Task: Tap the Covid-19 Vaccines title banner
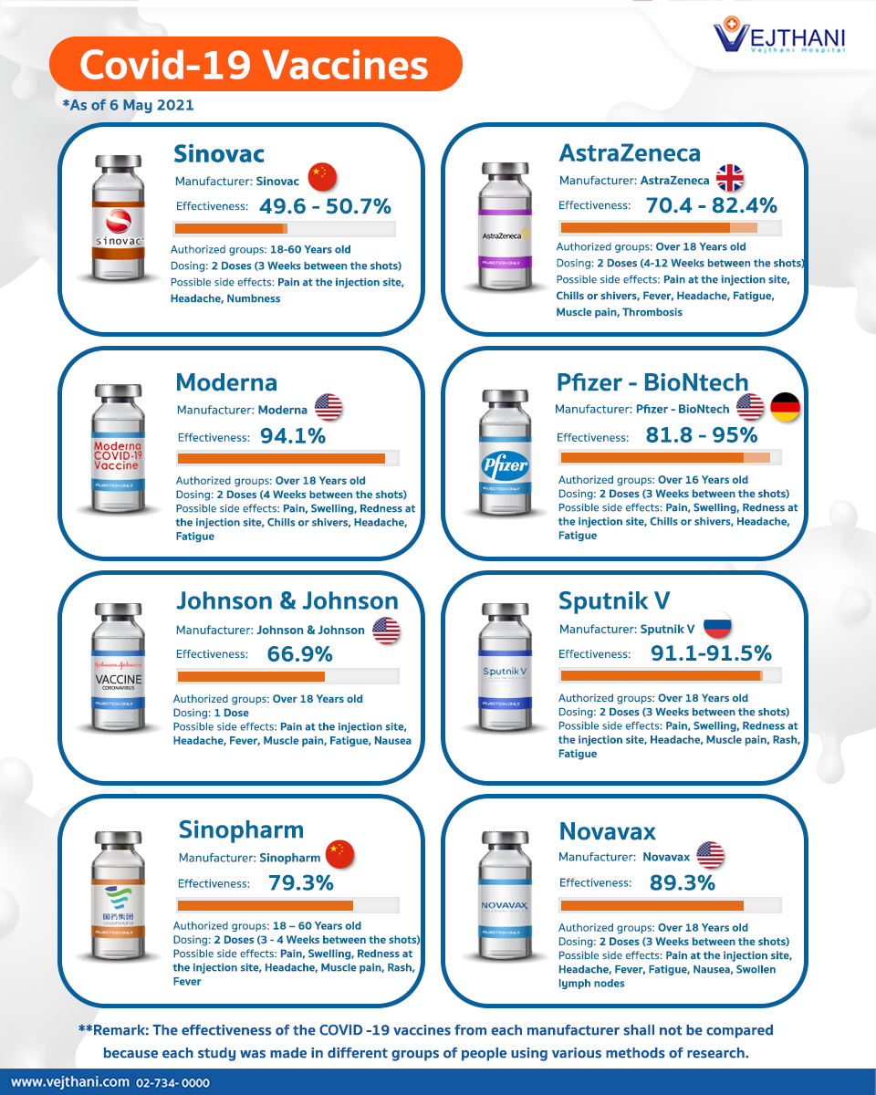[255, 65]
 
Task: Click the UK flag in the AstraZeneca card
[730, 179]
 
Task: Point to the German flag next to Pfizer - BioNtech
[785, 407]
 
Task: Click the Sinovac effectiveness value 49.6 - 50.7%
[325, 206]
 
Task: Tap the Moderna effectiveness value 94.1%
[293, 436]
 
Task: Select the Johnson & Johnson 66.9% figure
[299, 654]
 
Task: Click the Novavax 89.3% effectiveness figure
[682, 882]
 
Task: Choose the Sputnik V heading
[614, 600]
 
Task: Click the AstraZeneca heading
[630, 153]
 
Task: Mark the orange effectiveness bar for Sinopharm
[265, 905]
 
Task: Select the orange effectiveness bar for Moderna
[281, 458]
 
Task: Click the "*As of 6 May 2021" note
[128, 106]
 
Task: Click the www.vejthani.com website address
[69, 1082]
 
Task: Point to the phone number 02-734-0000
[172, 1083]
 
